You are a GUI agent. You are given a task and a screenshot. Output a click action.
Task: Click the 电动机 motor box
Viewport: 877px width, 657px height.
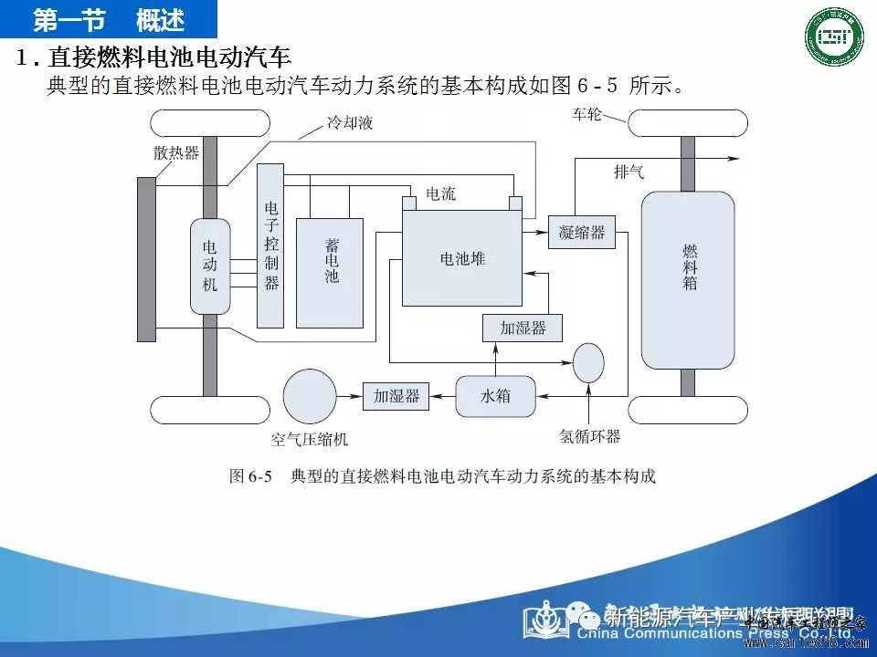tap(210, 266)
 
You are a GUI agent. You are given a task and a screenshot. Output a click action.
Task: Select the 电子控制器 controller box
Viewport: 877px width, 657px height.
tap(270, 245)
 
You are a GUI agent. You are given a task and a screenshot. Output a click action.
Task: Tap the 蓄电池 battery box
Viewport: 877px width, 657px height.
tap(330, 272)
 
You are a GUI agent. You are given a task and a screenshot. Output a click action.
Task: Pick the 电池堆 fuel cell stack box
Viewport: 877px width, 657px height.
tap(462, 258)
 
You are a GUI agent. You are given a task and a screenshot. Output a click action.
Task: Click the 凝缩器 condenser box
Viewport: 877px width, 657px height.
tap(582, 233)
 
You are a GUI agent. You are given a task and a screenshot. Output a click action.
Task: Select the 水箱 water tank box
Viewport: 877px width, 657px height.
tap(495, 396)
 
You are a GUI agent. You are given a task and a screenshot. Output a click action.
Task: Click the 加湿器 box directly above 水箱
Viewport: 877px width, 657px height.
tap(522, 328)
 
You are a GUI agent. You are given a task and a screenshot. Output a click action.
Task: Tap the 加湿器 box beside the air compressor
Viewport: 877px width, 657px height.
tap(396, 396)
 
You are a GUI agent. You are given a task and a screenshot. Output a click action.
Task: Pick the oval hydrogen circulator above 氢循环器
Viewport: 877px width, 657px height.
tap(588, 363)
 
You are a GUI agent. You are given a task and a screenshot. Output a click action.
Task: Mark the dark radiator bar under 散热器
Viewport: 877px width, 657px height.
tap(146, 259)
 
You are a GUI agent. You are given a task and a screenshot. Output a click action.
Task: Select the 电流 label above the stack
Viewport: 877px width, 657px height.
tap(441, 194)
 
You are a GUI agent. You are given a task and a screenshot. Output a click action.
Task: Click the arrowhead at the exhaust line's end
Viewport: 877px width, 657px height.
tap(734, 158)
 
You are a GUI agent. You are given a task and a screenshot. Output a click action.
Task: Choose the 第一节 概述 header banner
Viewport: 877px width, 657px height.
tap(109, 18)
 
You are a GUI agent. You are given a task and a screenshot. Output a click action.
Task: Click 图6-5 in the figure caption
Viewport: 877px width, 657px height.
tap(249, 476)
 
